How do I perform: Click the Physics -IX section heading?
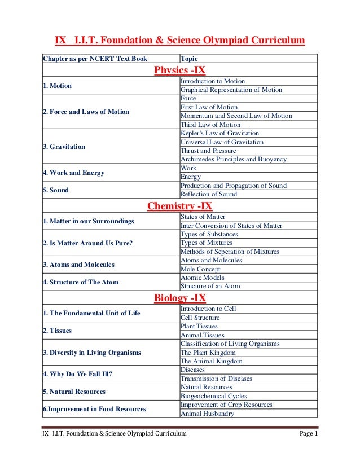click(180, 71)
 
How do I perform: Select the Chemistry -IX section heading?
click(180, 206)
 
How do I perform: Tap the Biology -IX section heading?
click(180, 297)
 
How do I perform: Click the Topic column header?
click(188, 58)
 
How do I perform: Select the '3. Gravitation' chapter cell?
click(64, 147)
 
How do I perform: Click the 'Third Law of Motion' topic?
click(210, 125)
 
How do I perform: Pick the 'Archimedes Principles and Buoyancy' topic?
click(234, 159)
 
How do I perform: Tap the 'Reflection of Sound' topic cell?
click(209, 194)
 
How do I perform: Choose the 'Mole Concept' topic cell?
click(200, 269)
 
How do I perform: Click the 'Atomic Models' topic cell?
click(202, 278)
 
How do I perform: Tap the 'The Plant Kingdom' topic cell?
click(211, 353)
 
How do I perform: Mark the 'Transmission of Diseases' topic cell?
click(216, 379)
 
